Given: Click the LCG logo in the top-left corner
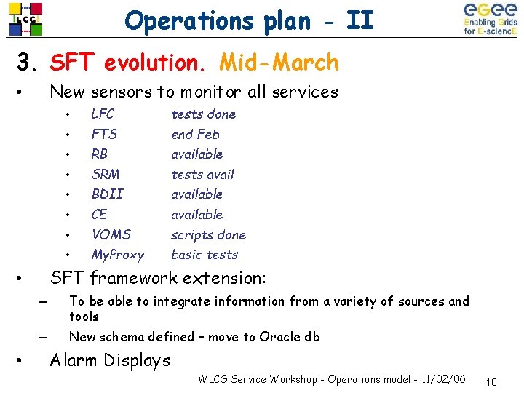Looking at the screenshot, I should (x=25, y=19).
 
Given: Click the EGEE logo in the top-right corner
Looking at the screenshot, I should (x=490, y=19).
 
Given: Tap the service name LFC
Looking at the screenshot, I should (x=103, y=114).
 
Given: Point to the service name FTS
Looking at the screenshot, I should (x=104, y=134).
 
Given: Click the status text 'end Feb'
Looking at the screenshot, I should (x=195, y=134).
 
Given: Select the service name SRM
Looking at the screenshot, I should (x=106, y=174).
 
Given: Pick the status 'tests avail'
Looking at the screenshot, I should (x=202, y=174).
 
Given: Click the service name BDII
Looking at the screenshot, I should (x=107, y=194).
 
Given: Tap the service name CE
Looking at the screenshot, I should (x=99, y=215).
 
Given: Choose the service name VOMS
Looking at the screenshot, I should (x=111, y=234).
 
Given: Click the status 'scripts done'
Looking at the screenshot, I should (x=208, y=235).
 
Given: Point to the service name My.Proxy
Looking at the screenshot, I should (x=117, y=255).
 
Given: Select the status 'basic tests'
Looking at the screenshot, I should (x=205, y=255).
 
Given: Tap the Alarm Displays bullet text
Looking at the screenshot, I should (x=109, y=360).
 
